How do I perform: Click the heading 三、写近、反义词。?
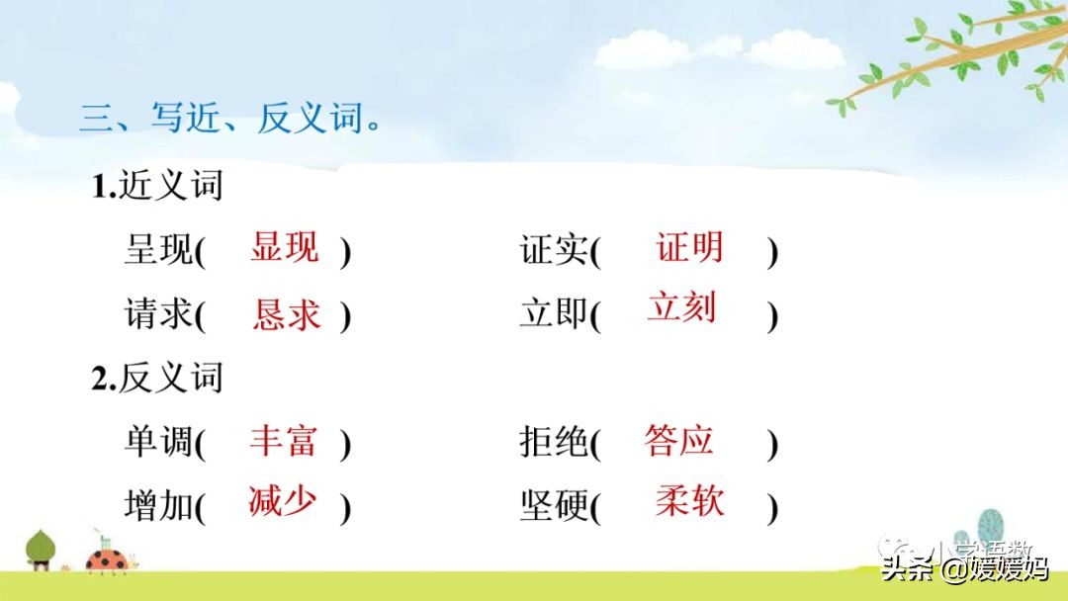pos(230,120)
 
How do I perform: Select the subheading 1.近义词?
pos(157,185)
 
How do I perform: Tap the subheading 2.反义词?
pos(157,378)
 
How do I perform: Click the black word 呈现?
pos(158,251)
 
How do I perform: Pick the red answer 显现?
pos(285,247)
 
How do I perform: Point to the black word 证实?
pos(554,251)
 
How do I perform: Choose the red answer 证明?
pos(689,247)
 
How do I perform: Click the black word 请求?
pos(158,315)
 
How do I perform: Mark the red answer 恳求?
pos(287,314)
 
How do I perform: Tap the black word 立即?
pos(554,315)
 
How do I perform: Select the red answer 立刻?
pos(681,307)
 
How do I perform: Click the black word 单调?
pos(158,442)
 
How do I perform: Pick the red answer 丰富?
pos(284,440)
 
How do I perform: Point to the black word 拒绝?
pos(554,442)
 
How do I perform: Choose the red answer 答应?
pos(678,440)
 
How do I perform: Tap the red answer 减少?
pos(283,501)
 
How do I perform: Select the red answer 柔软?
pos(689,501)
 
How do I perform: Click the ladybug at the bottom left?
pos(106,558)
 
